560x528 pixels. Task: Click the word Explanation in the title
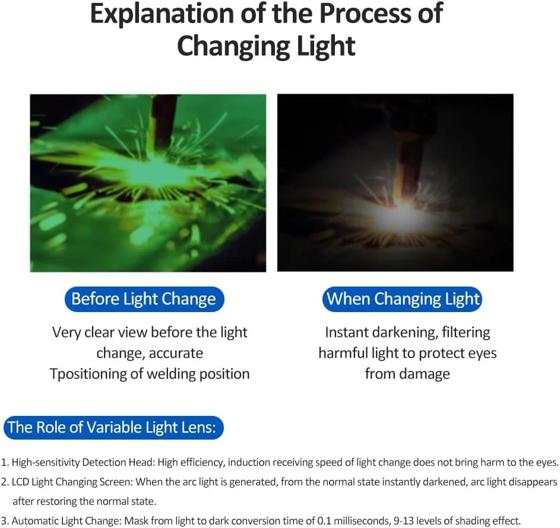(162, 14)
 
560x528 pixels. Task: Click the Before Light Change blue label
(144, 299)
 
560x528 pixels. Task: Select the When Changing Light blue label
(402, 299)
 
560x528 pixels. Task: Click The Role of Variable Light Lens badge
(113, 427)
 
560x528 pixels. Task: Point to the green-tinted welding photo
(148, 183)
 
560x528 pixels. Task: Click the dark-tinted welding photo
(396, 183)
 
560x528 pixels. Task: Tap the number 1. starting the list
(5, 462)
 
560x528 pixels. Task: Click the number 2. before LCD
(5, 482)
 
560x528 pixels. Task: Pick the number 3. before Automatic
(5, 521)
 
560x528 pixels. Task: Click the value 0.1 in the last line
(324, 521)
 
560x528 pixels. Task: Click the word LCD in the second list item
(20, 482)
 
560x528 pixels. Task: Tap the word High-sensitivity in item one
(46, 463)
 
